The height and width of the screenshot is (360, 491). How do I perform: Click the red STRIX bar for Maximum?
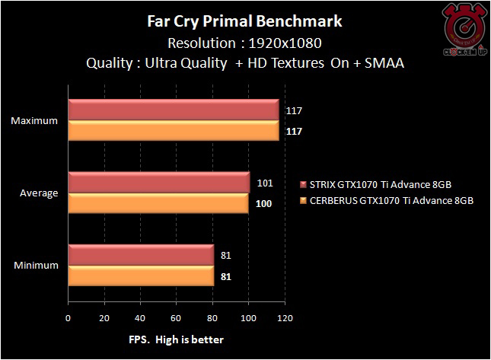pyautogui.click(x=174, y=111)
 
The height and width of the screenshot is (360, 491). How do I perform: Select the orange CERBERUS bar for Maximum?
pyautogui.click(x=174, y=130)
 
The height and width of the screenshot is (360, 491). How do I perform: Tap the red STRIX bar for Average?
pyautogui.click(x=159, y=183)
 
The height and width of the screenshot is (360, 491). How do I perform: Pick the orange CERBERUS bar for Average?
pyautogui.click(x=158, y=202)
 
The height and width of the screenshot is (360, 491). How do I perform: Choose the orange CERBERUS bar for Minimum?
pyautogui.click(x=141, y=276)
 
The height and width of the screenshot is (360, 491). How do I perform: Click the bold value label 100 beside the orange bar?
pyautogui.click(x=263, y=203)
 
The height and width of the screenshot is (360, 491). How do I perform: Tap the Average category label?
pyautogui.click(x=39, y=193)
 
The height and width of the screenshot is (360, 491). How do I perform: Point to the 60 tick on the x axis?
pyautogui.click(x=177, y=318)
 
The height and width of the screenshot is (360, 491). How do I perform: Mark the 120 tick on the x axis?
pyautogui.click(x=285, y=318)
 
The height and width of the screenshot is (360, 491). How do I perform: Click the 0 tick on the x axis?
pyautogui.click(x=69, y=318)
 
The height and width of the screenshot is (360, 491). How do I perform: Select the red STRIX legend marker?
pyautogui.click(x=304, y=184)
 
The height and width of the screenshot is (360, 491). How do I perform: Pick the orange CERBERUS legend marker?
pyautogui.click(x=304, y=201)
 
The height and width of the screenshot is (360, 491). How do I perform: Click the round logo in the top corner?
pyautogui.click(x=460, y=30)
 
